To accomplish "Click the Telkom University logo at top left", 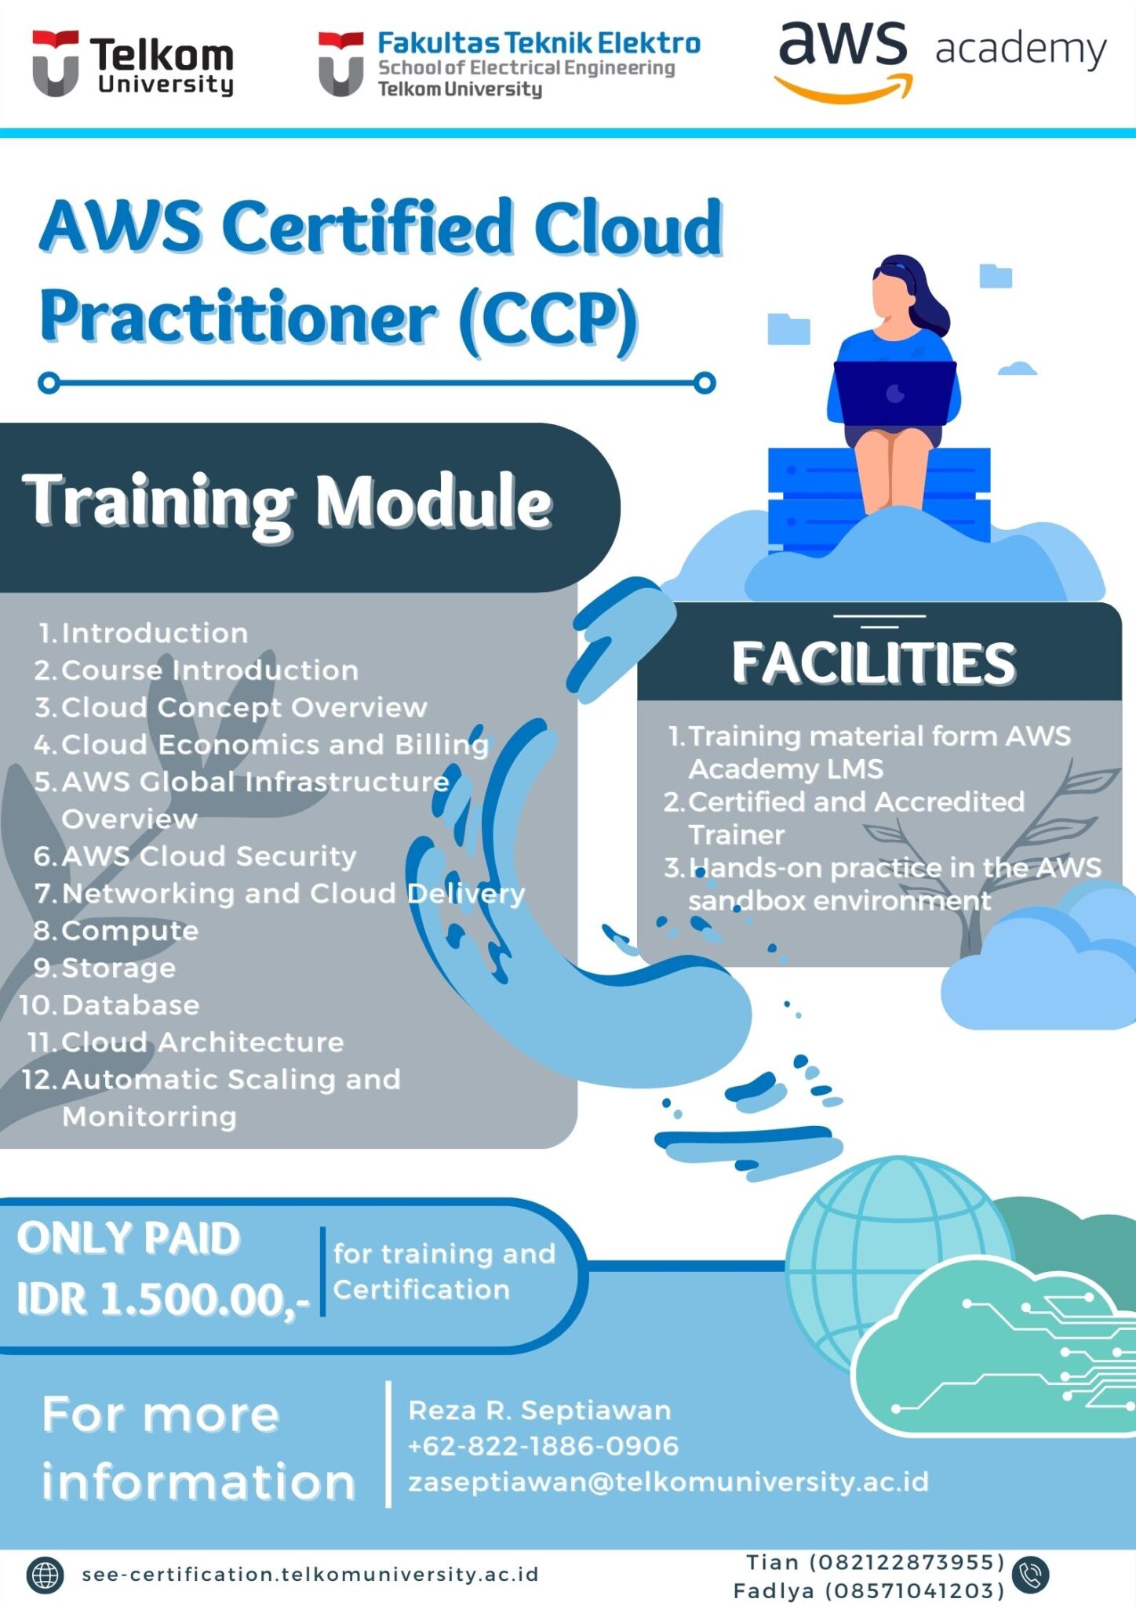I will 132,64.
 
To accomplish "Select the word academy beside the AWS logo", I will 1020,49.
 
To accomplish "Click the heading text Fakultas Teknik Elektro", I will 538,43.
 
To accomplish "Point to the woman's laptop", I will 894,393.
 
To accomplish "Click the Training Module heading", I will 287,502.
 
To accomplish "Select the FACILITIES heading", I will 873,663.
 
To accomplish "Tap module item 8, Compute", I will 129,931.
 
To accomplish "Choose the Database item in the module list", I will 130,1005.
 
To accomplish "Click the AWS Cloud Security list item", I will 208,856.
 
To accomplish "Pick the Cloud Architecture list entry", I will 202,1042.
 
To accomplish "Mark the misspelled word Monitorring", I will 149,1117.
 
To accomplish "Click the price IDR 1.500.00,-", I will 163,1299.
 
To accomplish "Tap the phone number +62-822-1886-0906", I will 543,1446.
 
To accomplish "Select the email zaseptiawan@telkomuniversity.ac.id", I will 668,1482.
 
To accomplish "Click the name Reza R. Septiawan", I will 540,1411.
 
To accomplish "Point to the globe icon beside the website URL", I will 45,1575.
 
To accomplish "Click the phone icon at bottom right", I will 1030,1575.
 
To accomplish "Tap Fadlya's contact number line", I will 868,1590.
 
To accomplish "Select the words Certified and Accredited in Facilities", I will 856,802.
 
